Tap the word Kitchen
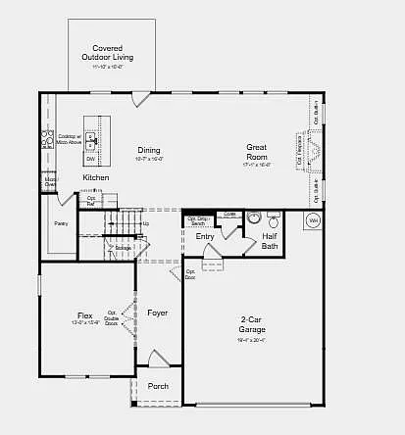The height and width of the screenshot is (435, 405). coord(96,177)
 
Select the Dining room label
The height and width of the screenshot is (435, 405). coord(149,151)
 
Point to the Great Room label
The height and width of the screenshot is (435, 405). coord(256,151)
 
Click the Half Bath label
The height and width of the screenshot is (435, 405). coord(270,240)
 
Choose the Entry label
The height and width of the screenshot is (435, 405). coord(205,236)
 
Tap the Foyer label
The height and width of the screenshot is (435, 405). coord(158,313)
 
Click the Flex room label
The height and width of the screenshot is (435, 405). coord(85,316)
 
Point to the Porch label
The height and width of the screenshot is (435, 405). coord(158,386)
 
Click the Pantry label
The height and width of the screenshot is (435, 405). coord(61,223)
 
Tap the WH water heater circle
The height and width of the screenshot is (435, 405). coord(314,221)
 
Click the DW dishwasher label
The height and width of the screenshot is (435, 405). coord(90,158)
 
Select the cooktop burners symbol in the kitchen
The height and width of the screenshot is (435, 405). coord(46,139)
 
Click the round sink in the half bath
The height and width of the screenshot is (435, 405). coord(251,219)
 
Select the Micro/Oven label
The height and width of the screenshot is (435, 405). coord(49,180)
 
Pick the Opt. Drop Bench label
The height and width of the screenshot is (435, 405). coord(198,220)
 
